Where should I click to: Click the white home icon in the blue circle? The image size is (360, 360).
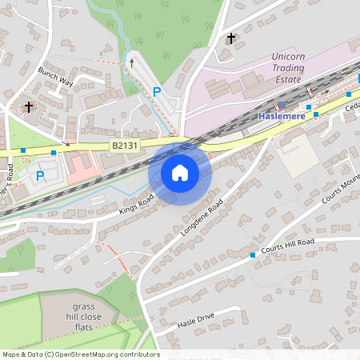(180, 172)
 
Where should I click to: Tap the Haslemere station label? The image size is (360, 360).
(282, 116)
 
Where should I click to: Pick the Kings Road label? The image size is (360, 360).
(136, 203)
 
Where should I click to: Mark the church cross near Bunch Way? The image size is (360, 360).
(29, 106)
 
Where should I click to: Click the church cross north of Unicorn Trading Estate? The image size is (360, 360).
(232, 38)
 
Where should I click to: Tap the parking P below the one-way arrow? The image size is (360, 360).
(157, 92)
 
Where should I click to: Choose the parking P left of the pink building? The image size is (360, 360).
(39, 177)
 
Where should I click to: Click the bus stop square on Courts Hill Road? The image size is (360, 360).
(253, 254)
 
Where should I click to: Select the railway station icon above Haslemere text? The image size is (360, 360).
(282, 105)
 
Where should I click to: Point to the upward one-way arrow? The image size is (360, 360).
(133, 61)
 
